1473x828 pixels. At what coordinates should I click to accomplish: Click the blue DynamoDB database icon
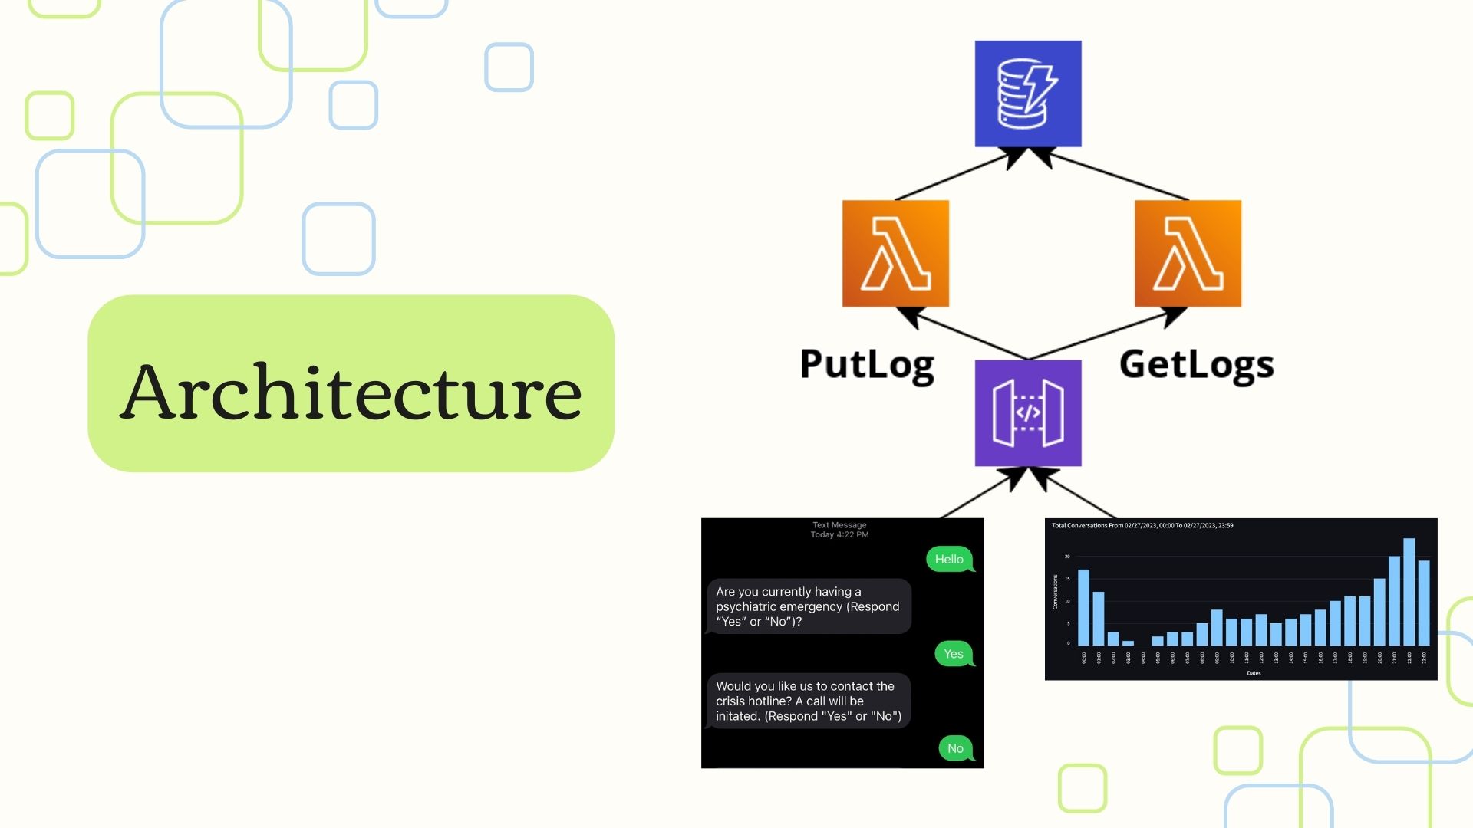coord(1028,94)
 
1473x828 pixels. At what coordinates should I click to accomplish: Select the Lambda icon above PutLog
coord(895,254)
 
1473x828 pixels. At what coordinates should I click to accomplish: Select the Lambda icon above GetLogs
coord(1188,254)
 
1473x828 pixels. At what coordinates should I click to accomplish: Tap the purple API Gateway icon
coord(1028,413)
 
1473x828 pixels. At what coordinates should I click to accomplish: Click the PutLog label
coord(867,364)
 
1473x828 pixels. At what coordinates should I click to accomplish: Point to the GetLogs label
coord(1196,364)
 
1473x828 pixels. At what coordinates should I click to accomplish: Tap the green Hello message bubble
coord(949,560)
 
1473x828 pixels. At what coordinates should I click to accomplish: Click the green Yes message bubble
coord(954,654)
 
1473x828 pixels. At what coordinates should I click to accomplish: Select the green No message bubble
coord(955,748)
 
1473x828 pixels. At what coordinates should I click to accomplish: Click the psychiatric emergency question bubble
coord(808,606)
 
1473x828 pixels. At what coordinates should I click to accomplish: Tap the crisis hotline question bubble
coord(808,701)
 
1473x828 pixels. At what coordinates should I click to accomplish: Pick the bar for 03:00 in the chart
coord(1128,642)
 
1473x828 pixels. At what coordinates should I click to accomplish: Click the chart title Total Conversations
coord(1142,526)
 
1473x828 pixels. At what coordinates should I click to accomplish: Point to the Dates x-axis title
coord(1254,673)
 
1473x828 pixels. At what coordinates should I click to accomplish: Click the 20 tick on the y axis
coord(1067,557)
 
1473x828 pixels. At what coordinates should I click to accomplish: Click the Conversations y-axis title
coord(1056,592)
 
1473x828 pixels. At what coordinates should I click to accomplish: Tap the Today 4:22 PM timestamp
coord(839,535)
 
